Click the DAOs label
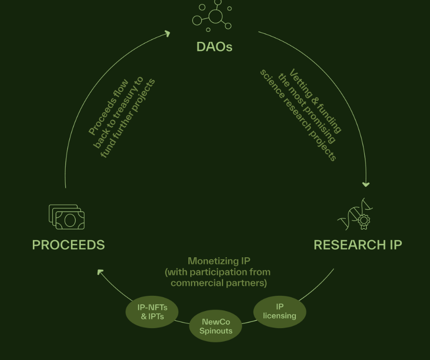coord(214,47)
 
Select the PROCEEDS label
coord(68,245)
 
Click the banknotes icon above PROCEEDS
coord(67,217)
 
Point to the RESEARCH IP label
coord(358,245)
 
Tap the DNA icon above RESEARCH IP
coord(356,215)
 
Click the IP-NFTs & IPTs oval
coord(152,312)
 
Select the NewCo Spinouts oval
coord(215,326)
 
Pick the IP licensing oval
coord(280,311)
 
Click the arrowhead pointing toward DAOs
coord(167,33)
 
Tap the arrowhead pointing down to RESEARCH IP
coord(366,184)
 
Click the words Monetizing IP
coord(219,261)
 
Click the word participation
coord(218,272)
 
